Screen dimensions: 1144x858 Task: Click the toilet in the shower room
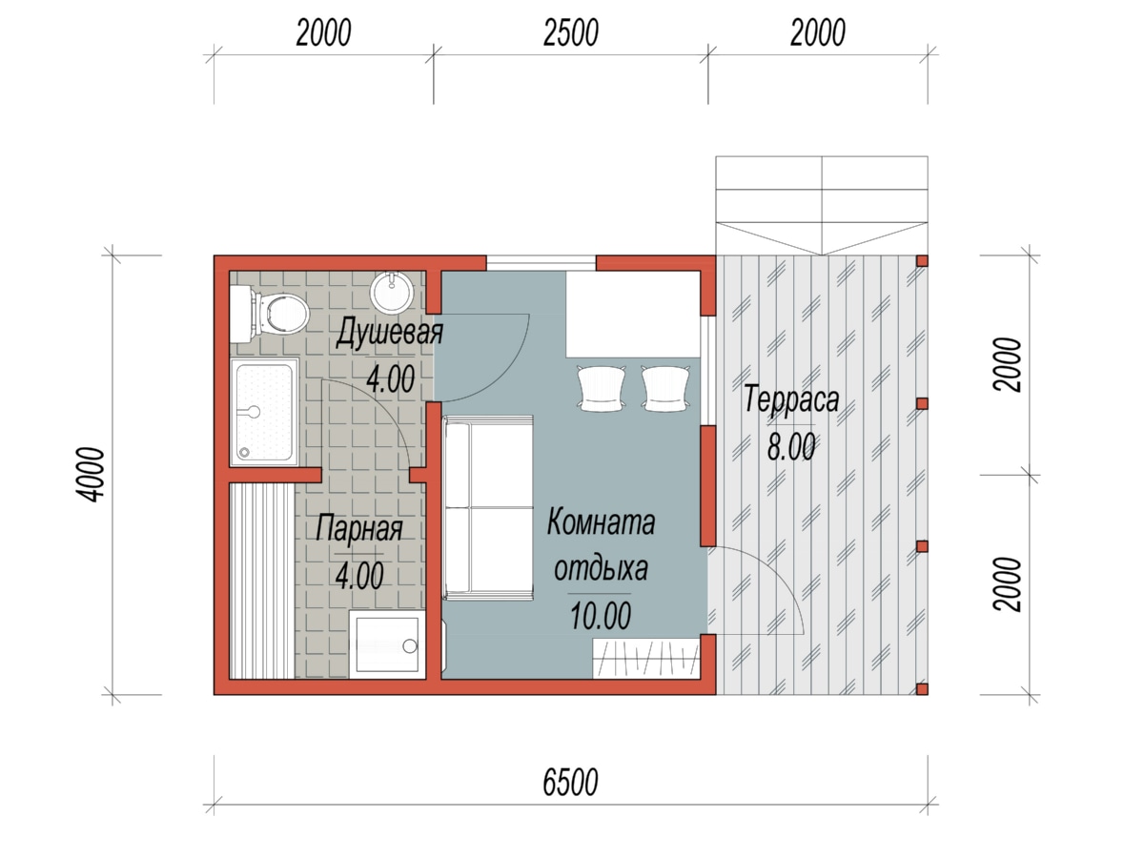tap(270, 315)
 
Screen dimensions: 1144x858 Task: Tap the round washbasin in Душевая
tap(392, 293)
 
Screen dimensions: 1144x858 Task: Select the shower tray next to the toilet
tap(264, 412)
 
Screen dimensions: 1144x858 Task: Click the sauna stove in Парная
tap(387, 645)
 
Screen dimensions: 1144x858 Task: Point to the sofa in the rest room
tap(488, 508)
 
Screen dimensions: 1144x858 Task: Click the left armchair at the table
tap(601, 388)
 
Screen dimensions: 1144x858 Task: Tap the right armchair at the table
tap(665, 388)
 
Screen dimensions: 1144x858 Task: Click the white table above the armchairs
tap(633, 315)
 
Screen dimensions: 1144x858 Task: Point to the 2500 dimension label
tap(571, 32)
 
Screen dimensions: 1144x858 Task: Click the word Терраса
tap(791, 399)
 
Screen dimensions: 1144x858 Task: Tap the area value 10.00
tap(601, 615)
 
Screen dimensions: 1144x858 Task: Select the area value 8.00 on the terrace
tap(791, 447)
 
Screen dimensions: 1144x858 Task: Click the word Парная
tap(359, 529)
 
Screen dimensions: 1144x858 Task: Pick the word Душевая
tap(389, 332)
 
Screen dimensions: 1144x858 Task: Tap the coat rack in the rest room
tap(645, 659)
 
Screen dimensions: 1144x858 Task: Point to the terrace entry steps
tap(822, 205)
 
